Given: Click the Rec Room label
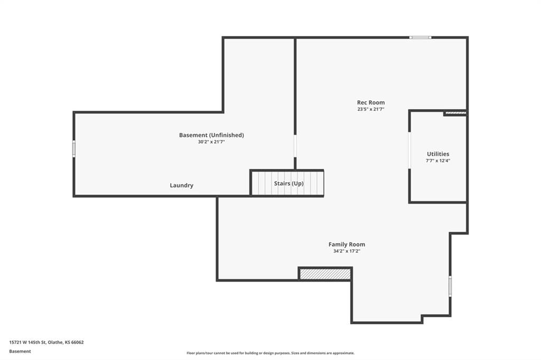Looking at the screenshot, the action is point(370,102).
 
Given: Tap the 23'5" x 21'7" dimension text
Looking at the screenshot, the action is point(370,109).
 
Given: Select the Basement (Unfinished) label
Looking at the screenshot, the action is point(211,135).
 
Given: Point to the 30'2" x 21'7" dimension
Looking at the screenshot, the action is point(211,141).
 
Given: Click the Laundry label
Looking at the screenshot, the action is point(182,185).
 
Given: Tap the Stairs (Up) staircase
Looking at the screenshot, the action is point(287,183).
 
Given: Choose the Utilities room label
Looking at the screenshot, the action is point(438,154).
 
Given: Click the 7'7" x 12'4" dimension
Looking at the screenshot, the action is point(438,160).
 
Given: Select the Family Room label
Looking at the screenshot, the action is point(347,244).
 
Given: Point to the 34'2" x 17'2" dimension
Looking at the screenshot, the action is point(347,251).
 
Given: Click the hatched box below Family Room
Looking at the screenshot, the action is point(325,274).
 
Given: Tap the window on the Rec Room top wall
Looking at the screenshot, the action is point(420,37).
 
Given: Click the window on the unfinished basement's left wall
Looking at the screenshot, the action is point(74,149).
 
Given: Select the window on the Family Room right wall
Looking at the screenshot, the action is point(450,286).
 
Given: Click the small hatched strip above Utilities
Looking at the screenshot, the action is point(455,112).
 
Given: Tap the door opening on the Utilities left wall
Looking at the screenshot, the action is point(409,150).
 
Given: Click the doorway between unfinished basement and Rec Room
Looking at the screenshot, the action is point(295,146).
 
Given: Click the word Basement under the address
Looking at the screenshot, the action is point(20,352).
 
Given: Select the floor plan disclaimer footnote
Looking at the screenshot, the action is point(270,353).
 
